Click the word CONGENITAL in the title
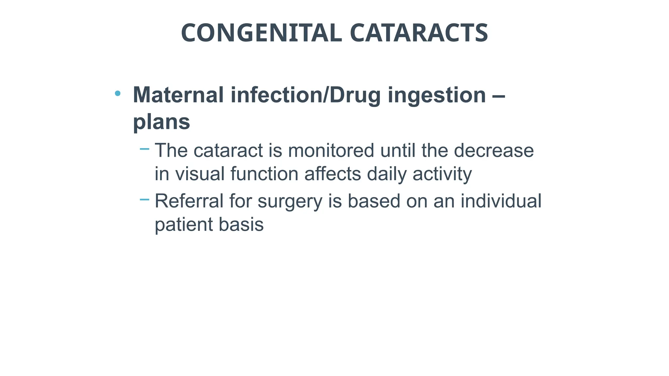tap(261, 33)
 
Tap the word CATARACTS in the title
tap(419, 33)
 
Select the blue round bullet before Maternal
tap(118, 94)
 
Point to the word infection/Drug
tap(306, 95)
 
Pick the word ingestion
tap(437, 96)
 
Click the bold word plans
tap(161, 122)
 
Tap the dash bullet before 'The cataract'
tap(144, 149)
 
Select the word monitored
tap(331, 150)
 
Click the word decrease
tap(494, 150)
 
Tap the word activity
tap(442, 174)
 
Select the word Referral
tap(189, 201)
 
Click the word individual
tap(501, 201)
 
